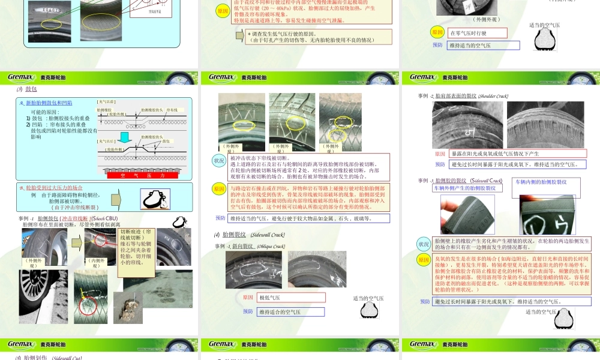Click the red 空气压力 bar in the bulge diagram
tap(143, 175)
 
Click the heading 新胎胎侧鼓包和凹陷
tap(49, 103)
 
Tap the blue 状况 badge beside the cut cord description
tap(220, 161)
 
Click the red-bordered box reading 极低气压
tap(291, 297)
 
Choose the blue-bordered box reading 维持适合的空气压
tap(291, 311)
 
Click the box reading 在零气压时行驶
tap(477, 33)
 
